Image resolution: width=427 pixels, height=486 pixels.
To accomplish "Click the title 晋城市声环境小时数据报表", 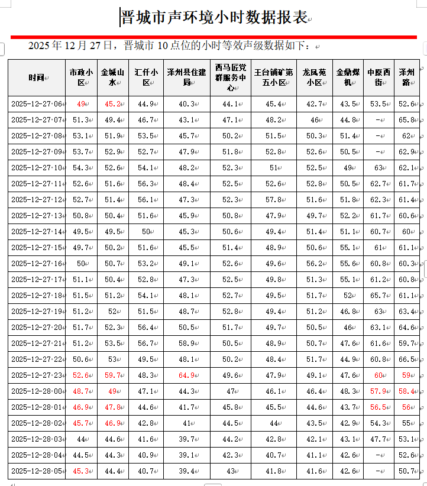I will pos(213,18).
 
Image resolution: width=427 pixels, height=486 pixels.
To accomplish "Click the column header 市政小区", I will pos(81,77).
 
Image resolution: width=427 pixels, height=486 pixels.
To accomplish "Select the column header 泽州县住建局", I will pos(186,77).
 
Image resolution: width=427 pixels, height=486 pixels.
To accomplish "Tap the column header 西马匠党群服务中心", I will pos(230,77).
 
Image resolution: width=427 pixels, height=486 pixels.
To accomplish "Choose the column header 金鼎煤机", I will pos(348,77).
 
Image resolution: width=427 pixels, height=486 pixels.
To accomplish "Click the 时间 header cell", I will pos(37,77).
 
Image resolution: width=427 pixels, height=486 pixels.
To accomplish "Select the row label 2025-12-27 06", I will pos(37,104).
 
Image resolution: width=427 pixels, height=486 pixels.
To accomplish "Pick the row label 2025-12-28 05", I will pos(37,471).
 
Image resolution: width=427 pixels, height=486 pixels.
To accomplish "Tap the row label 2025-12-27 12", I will pos(37,200).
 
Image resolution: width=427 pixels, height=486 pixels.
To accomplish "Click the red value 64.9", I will pos(186,375).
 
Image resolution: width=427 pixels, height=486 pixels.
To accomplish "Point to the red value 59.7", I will pos(112,375).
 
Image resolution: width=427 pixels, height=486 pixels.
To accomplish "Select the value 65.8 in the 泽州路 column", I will pos(406,120).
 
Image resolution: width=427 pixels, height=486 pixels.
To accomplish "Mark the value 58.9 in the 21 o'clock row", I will pos(186,344).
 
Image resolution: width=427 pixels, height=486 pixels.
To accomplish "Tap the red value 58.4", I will pos(406,391).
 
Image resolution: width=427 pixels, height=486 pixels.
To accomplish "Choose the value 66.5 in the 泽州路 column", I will pos(406,359).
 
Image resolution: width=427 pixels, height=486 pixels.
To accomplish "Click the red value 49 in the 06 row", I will pos(81,104).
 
